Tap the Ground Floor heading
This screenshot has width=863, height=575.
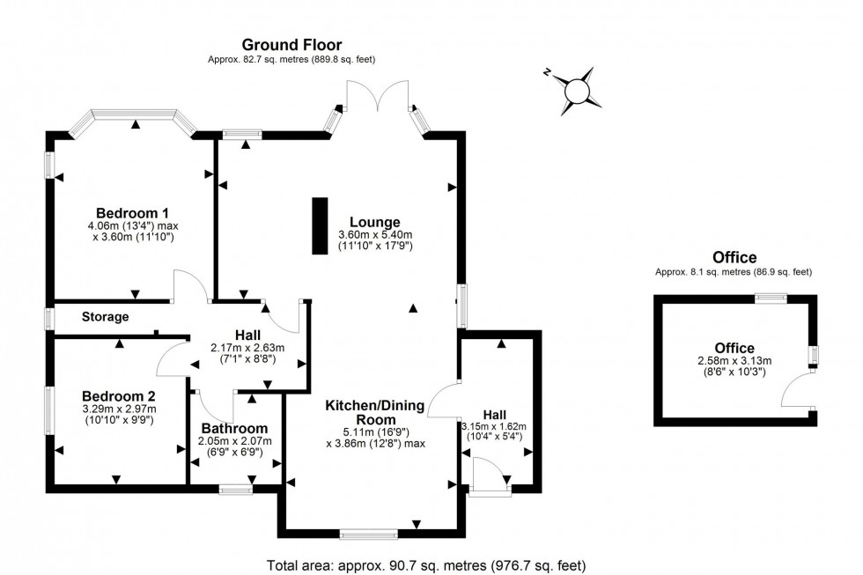click(x=291, y=44)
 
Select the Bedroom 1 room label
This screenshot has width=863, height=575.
click(x=132, y=213)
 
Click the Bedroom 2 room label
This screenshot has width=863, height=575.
click(x=119, y=395)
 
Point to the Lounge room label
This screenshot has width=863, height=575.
click(x=374, y=222)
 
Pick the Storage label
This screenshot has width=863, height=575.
click(x=106, y=317)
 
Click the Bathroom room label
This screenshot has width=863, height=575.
click(x=233, y=429)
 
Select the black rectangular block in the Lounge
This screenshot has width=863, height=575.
click(x=319, y=227)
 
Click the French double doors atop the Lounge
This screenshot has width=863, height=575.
click(x=377, y=97)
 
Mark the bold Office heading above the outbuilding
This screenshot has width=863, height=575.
click(x=734, y=258)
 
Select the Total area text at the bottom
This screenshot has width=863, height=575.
click(x=425, y=565)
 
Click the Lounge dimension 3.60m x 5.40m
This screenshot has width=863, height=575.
click(x=375, y=235)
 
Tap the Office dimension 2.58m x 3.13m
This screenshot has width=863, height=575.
click(x=734, y=361)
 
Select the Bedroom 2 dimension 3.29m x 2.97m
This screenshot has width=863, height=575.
click(x=119, y=409)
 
